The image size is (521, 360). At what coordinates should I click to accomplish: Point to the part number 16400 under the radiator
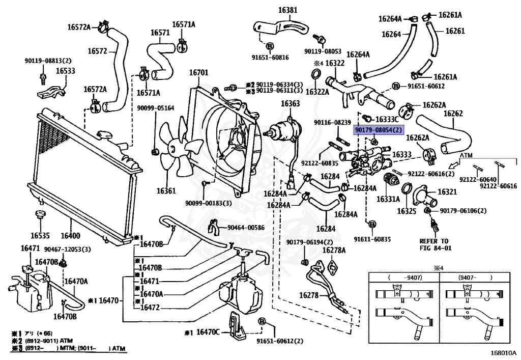click(70, 236)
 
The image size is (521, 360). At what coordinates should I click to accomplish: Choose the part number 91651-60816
click(270, 57)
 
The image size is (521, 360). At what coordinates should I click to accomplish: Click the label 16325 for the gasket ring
click(407, 210)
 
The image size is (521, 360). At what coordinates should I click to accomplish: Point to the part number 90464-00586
click(246, 227)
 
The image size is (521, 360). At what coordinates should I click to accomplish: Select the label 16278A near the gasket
click(335, 250)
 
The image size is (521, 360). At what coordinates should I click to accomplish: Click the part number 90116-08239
click(332, 122)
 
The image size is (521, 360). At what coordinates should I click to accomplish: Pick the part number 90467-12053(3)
click(67, 249)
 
